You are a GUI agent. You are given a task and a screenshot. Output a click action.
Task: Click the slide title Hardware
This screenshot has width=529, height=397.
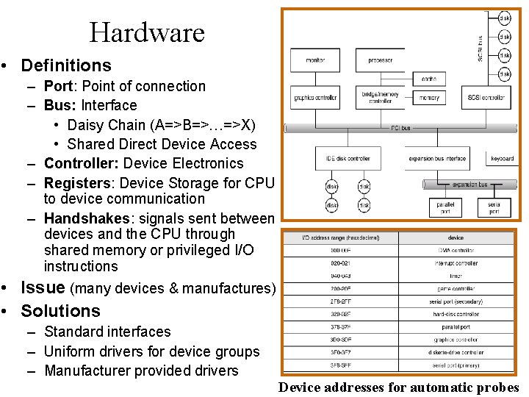(x=147, y=32)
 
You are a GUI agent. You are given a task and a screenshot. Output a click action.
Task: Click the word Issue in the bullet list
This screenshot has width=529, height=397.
(x=43, y=287)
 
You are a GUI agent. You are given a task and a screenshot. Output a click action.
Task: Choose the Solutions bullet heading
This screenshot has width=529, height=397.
(x=60, y=311)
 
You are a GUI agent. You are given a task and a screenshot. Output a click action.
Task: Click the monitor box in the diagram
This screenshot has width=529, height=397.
(x=315, y=60)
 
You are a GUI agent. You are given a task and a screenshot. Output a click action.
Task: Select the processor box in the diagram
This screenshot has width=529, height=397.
(x=380, y=60)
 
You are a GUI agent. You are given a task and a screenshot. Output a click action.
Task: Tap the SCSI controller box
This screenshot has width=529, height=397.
(x=486, y=98)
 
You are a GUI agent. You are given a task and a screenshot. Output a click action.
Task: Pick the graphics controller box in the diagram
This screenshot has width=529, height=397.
(x=315, y=98)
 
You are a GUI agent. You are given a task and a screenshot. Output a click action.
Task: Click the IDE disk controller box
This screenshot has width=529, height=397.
(x=348, y=158)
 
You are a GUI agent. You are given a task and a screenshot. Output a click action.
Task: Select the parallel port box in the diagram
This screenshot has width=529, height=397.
(x=445, y=207)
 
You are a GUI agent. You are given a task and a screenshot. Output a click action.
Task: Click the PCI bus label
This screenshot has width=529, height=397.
(x=401, y=128)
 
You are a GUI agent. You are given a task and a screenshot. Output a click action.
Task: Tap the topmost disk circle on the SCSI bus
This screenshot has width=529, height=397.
(x=505, y=18)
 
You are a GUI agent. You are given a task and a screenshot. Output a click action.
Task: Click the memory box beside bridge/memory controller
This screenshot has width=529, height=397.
(x=429, y=98)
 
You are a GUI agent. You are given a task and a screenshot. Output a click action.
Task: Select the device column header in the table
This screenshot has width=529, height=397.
(x=456, y=238)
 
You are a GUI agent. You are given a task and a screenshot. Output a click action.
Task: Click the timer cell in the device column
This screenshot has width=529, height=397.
(x=456, y=276)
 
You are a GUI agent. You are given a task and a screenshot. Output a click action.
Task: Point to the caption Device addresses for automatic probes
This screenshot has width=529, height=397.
(x=399, y=388)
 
